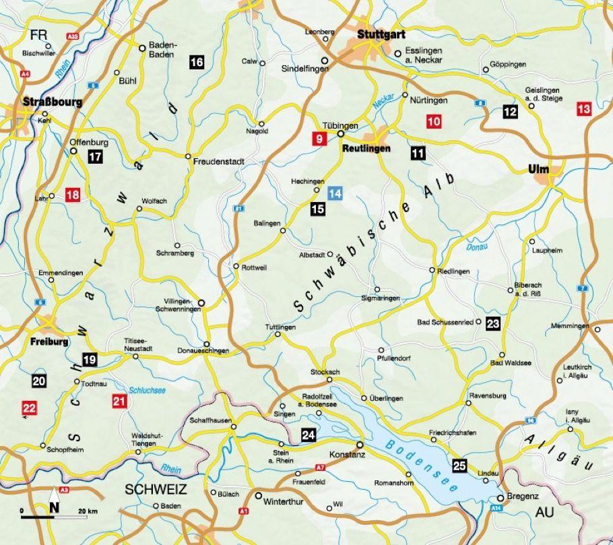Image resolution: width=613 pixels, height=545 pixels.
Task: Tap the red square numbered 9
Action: pyautogui.click(x=317, y=139)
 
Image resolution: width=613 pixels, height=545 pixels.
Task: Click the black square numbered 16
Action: pyautogui.click(x=196, y=63)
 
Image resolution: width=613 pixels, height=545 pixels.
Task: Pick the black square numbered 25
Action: pyautogui.click(x=460, y=465)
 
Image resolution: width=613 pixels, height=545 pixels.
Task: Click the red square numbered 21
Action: pyautogui.click(x=119, y=403)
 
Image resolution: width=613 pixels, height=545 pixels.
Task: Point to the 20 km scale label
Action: pyautogui.click(x=88, y=513)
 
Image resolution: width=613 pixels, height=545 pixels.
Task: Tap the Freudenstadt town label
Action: pyautogui.click(x=218, y=162)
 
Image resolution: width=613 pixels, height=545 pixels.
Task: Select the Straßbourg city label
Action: pyautogui.click(x=53, y=102)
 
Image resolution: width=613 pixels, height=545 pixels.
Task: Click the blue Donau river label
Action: pyautogui.click(x=476, y=247)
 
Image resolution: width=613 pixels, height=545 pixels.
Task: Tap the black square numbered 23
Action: pyautogui.click(x=493, y=323)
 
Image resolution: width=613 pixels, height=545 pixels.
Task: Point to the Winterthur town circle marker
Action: pyautogui.click(x=259, y=495)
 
